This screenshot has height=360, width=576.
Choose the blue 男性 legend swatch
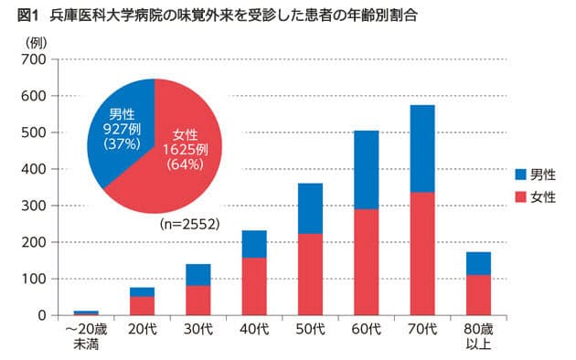(x=521, y=174)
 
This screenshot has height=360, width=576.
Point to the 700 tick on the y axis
(x=33, y=59)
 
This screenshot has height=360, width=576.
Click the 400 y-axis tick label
(x=33, y=169)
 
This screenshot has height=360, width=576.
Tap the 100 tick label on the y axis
(x=33, y=279)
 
